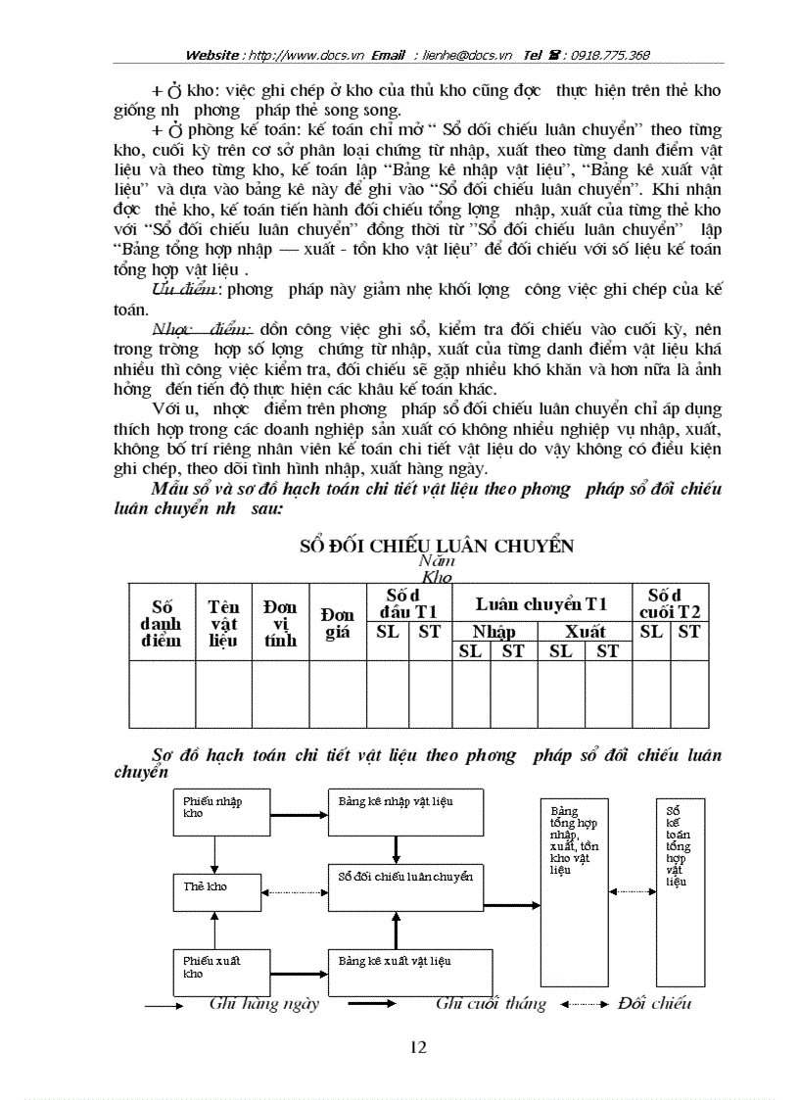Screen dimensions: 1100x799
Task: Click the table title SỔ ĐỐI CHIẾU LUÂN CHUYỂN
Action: (437, 546)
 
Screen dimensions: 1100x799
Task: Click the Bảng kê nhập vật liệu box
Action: (405, 810)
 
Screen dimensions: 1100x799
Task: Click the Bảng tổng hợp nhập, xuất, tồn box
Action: (574, 892)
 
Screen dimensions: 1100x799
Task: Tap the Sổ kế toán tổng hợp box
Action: (680, 891)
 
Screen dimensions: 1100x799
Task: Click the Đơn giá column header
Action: (337, 623)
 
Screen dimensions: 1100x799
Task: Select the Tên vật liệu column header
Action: (223, 623)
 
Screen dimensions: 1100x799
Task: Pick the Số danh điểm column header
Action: (162, 623)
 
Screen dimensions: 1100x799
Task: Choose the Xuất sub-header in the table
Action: (585, 632)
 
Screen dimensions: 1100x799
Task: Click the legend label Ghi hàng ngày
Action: (264, 1003)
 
